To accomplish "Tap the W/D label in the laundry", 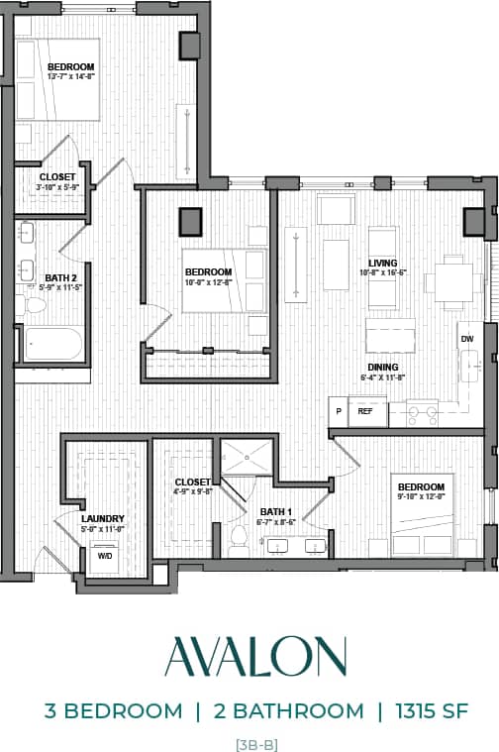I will point(103,556).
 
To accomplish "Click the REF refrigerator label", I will point(364,410).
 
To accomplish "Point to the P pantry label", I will point(339,410).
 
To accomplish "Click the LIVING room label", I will point(383,262).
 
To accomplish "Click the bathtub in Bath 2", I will point(52,344).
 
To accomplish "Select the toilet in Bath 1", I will point(238,538).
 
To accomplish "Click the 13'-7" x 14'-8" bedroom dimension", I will point(70,76).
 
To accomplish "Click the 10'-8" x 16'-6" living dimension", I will point(383,271).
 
